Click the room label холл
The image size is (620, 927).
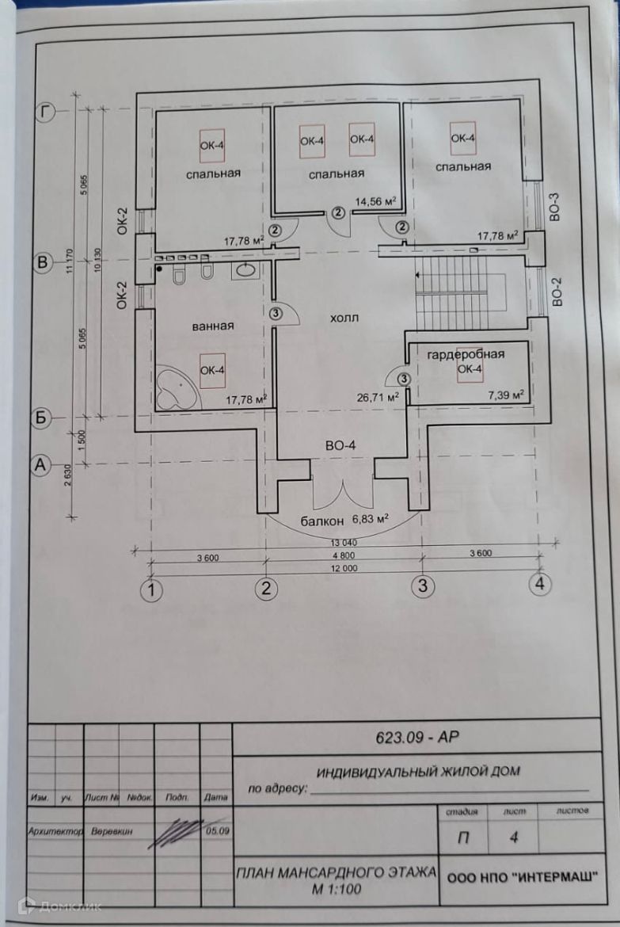345,318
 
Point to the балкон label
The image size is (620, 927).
321,521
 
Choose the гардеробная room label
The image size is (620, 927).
466,353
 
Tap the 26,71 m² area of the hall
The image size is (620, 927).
377,398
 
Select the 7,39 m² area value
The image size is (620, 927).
507,392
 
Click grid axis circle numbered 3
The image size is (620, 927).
423,587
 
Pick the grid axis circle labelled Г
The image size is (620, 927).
46,113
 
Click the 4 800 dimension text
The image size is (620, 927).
343,557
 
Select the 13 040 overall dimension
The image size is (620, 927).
343,543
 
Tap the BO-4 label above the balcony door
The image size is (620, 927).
340,445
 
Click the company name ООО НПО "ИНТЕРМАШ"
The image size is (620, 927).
523,877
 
